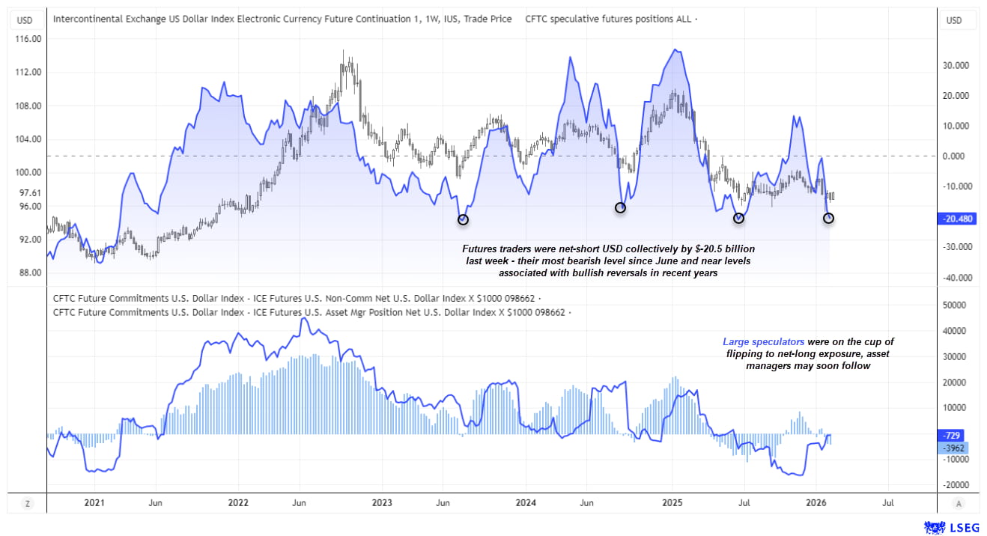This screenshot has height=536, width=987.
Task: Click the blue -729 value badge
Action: [953, 435]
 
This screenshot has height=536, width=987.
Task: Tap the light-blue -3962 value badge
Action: [953, 448]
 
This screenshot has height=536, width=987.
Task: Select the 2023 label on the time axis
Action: [382, 503]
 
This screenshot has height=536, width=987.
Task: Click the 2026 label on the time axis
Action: [816, 503]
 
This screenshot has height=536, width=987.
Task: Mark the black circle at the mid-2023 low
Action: [463, 219]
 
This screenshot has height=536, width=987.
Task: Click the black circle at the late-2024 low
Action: [620, 207]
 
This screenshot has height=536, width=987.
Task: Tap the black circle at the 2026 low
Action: [828, 218]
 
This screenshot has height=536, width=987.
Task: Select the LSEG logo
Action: [953, 527]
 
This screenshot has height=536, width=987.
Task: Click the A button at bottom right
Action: [959, 503]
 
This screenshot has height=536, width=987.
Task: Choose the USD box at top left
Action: [25, 20]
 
